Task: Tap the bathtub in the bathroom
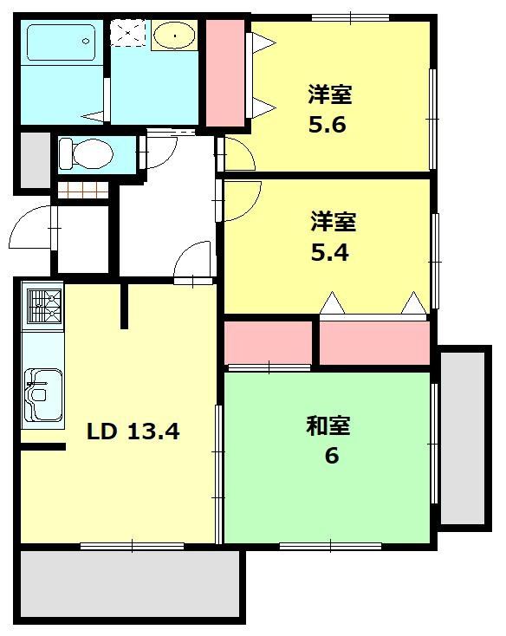(x=60, y=43)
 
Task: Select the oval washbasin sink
(x=174, y=36)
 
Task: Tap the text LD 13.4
(x=132, y=431)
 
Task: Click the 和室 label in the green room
(x=328, y=425)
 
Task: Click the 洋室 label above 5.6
(x=330, y=93)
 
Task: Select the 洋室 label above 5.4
(x=334, y=222)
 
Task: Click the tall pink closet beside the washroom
(x=225, y=74)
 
